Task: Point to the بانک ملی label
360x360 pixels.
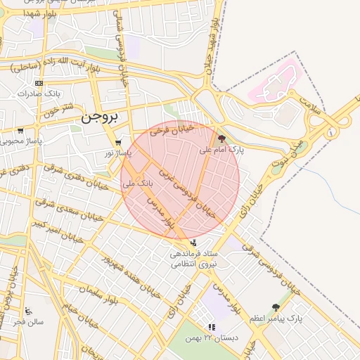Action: click(x=137, y=184)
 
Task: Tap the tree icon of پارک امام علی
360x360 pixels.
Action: click(x=222, y=139)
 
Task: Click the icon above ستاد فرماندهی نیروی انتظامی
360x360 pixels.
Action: click(x=193, y=243)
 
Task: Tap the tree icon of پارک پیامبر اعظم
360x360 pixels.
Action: click(x=275, y=307)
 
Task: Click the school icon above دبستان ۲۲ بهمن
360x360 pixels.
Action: click(x=212, y=327)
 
